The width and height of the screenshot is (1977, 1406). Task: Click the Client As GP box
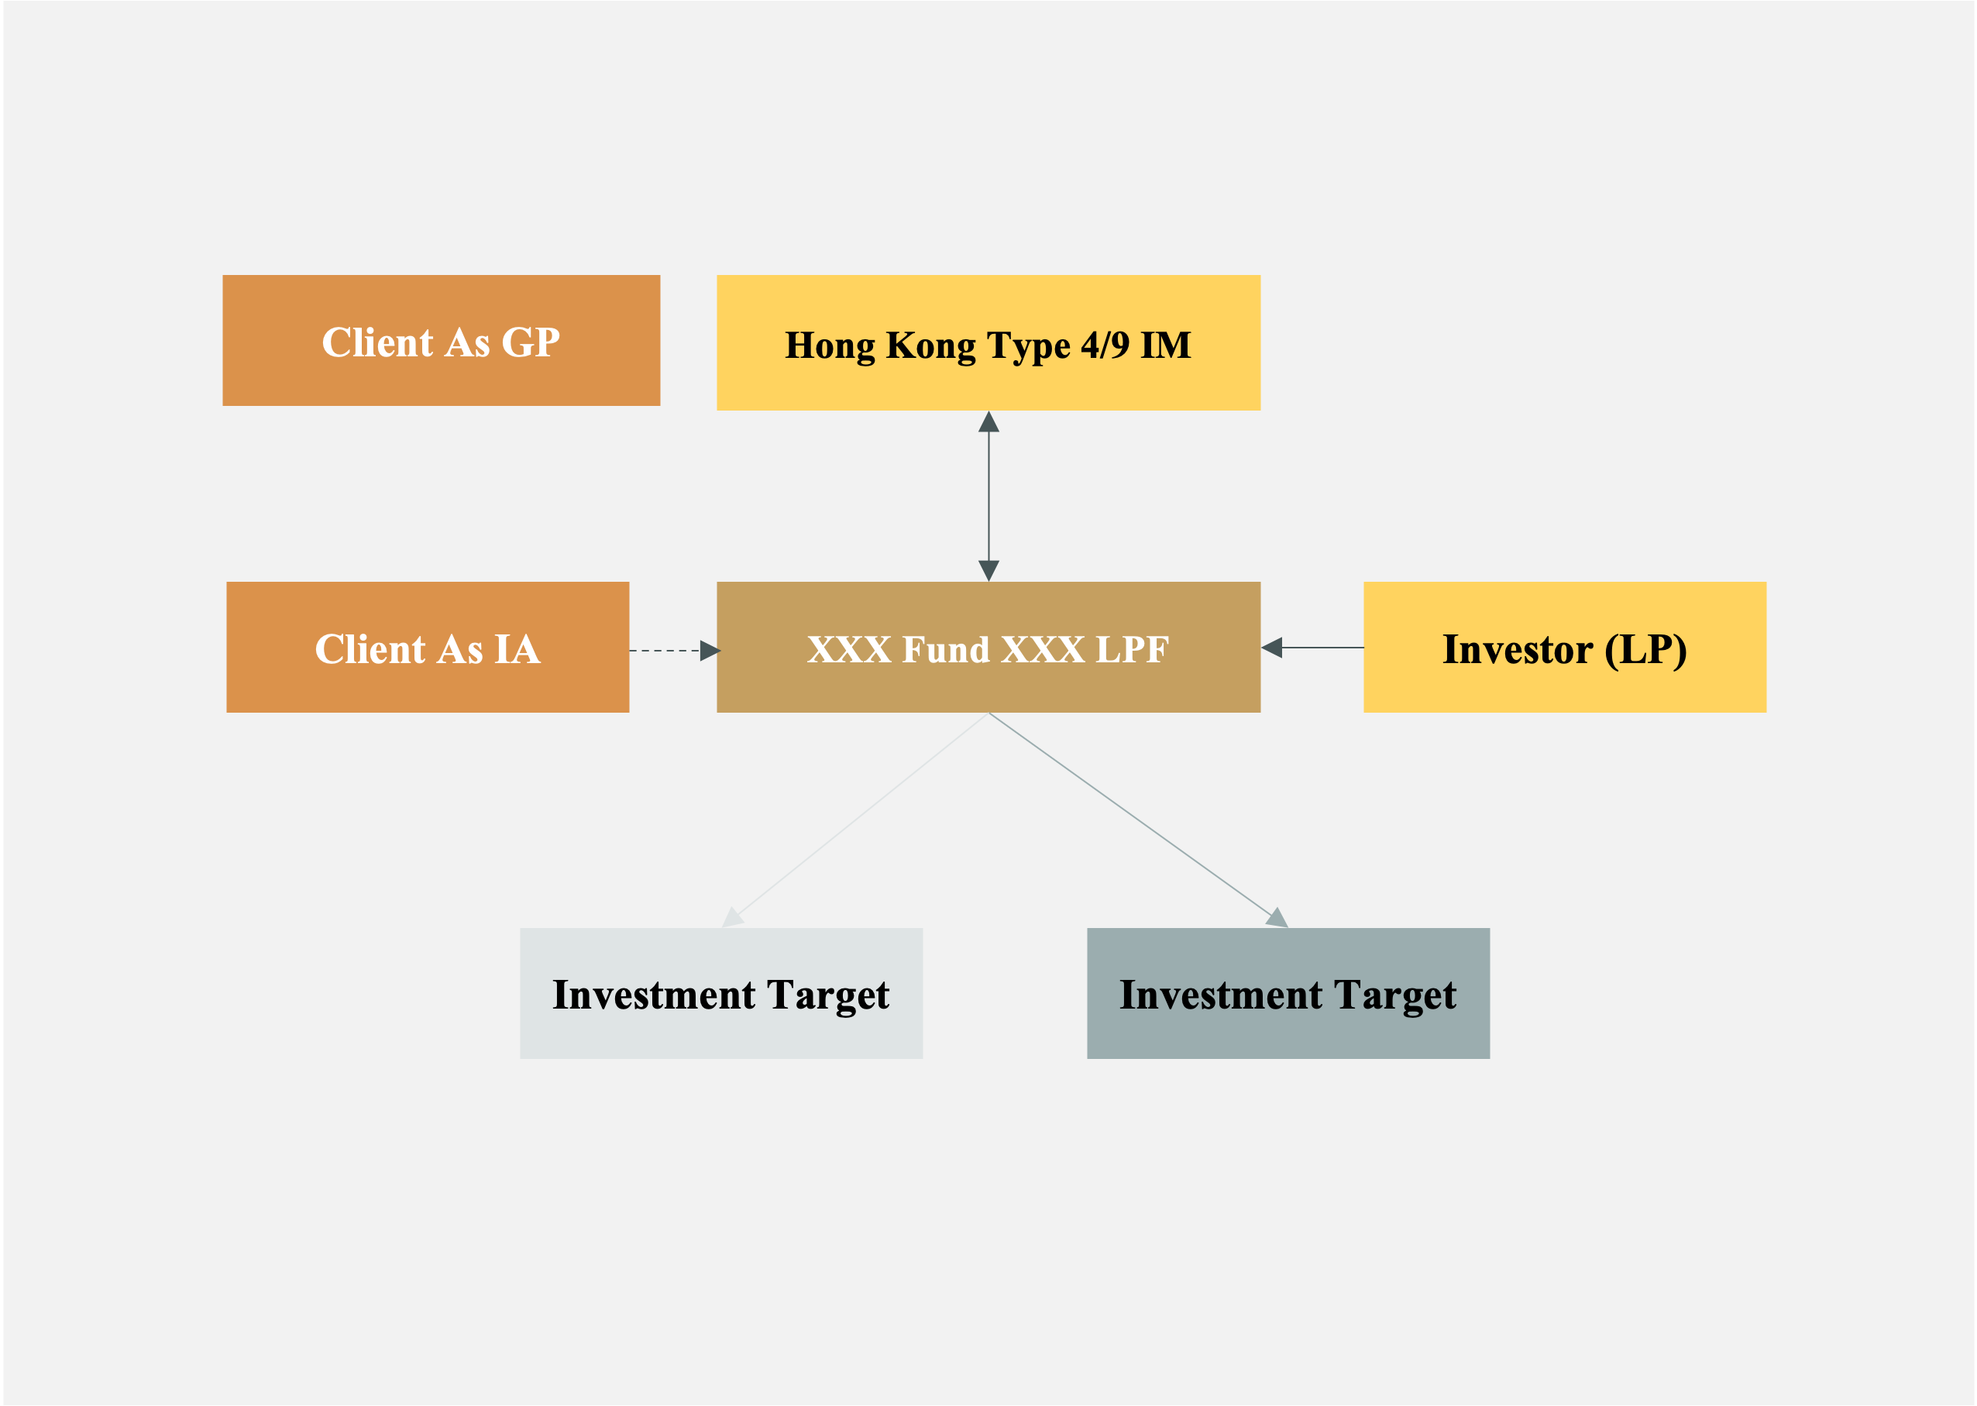click(441, 340)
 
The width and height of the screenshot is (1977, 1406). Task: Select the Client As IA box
click(428, 647)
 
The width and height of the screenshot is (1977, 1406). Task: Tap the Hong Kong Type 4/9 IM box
click(988, 343)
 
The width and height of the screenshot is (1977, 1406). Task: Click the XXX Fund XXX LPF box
click(988, 647)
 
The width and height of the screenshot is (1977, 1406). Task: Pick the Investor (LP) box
click(1564, 647)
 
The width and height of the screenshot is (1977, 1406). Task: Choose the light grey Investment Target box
click(721, 993)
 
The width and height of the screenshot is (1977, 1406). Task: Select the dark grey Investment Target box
click(1288, 993)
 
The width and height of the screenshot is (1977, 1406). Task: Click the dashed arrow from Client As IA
click(666, 650)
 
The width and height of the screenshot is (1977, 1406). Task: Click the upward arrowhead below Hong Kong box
click(988, 422)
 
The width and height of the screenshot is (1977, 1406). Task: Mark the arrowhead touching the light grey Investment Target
click(732, 919)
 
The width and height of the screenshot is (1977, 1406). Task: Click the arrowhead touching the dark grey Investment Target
click(1277, 919)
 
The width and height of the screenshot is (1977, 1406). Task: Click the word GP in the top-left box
click(530, 342)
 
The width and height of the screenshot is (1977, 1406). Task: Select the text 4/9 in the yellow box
click(1105, 345)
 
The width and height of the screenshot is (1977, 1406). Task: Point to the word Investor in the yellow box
click(1517, 649)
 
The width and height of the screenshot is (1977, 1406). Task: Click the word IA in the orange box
click(517, 649)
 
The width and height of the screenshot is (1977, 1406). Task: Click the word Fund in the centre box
click(946, 649)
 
